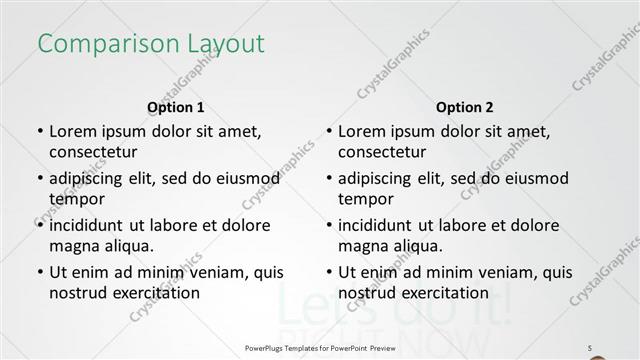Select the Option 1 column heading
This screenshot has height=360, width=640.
176,107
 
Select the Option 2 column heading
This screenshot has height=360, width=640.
465,107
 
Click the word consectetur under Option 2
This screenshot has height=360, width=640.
382,152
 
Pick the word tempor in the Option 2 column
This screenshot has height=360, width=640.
363,199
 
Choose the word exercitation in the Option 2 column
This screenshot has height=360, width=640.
442,293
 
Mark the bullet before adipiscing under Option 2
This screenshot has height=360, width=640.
328,178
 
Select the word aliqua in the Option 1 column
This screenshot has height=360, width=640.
126,246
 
